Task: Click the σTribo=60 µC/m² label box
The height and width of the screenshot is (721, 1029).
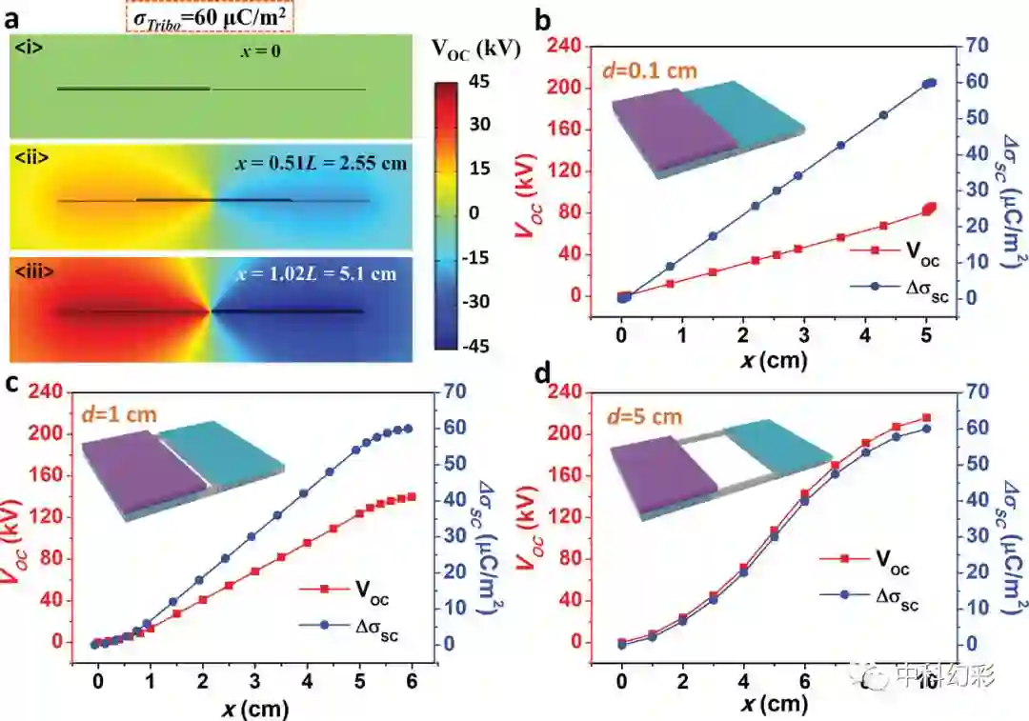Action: pyautogui.click(x=206, y=16)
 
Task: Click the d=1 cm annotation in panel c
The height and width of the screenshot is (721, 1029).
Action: pyautogui.click(x=117, y=414)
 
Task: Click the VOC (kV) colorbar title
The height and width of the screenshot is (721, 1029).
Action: pyautogui.click(x=475, y=50)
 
